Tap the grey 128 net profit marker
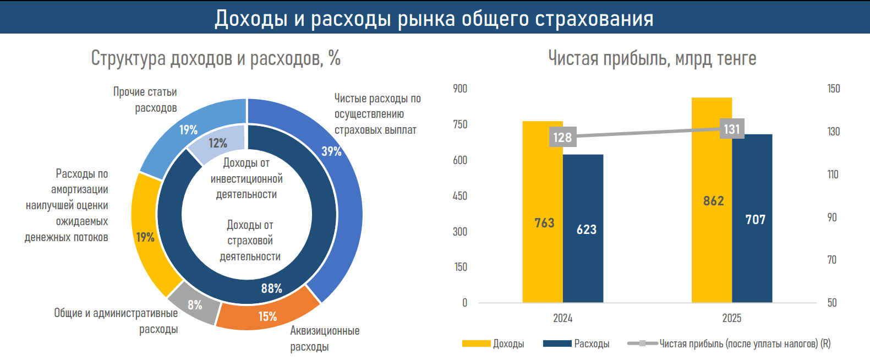(562, 137)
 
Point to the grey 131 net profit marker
(732, 129)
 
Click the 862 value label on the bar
(713, 201)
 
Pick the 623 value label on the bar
(587, 230)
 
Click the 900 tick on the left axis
(460, 89)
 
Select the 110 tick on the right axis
(833, 174)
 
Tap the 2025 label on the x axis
(731, 318)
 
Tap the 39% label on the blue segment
(331, 151)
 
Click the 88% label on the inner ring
(271, 288)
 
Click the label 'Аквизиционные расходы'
(324, 339)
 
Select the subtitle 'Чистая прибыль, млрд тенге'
(652, 58)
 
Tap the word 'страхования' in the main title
(594, 19)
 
